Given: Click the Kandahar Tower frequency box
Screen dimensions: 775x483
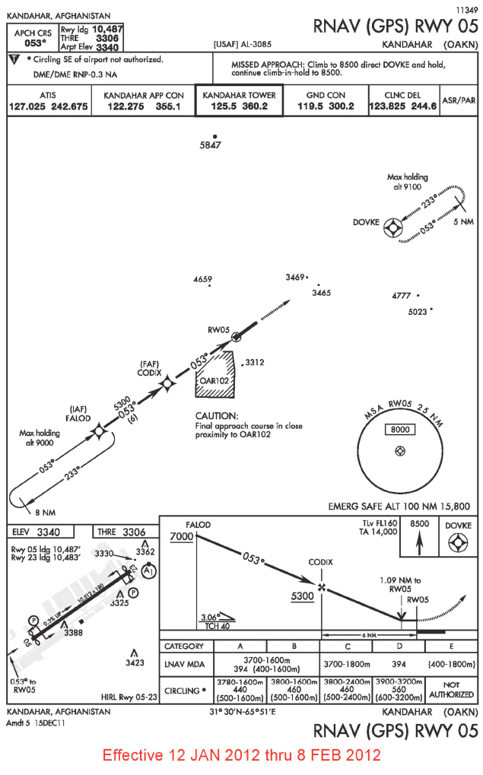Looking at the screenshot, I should (x=239, y=100).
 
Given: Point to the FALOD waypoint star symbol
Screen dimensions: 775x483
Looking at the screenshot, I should (x=97, y=433).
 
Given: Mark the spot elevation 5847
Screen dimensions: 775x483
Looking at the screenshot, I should (x=210, y=145).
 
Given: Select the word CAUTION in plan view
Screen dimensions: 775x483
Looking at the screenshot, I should (x=217, y=416).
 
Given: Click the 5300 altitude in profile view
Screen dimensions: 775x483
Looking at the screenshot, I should (x=302, y=596).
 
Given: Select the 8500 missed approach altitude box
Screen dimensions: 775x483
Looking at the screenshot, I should (x=419, y=525).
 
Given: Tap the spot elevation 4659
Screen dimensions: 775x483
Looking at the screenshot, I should (x=203, y=280).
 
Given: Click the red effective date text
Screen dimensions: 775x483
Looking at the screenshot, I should (x=241, y=755).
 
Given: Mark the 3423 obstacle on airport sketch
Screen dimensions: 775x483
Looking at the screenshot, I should (x=134, y=662).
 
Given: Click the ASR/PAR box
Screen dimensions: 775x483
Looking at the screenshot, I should (x=459, y=100).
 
